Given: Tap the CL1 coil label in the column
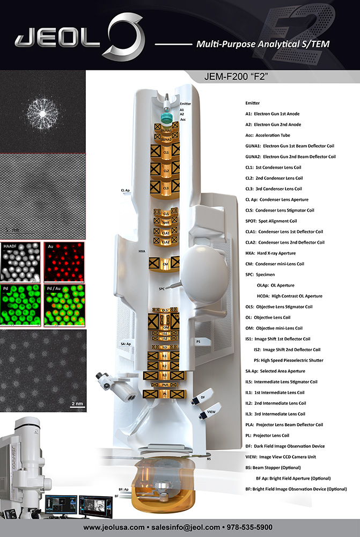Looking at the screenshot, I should point(166,153).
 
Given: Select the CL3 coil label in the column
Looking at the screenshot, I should point(166,188).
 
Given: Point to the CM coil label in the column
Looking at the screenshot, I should point(166,264).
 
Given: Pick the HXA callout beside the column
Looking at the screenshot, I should point(142,251).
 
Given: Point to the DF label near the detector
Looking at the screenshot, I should point(203,397).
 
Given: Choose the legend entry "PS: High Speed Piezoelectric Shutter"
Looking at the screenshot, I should point(290,360).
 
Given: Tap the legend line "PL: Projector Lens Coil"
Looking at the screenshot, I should point(268,436).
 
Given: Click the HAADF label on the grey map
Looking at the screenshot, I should point(10,245).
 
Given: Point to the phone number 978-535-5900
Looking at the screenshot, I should point(261,527).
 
